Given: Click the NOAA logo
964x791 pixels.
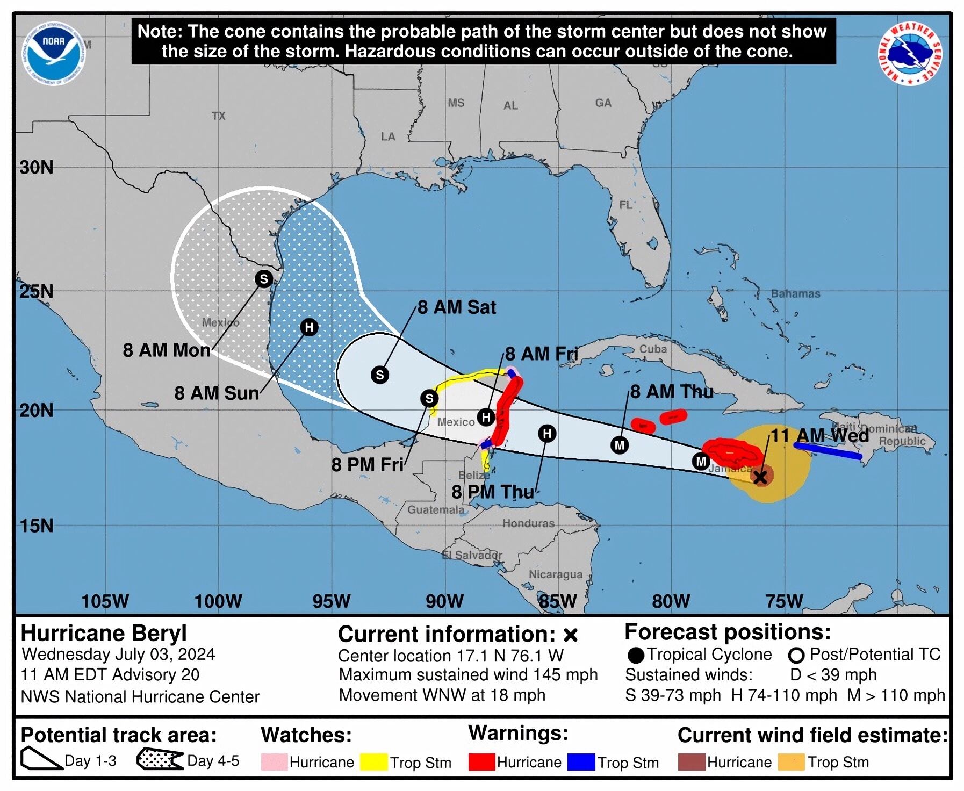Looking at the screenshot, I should click(54, 52).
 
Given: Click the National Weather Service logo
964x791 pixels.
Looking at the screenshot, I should click(910, 53).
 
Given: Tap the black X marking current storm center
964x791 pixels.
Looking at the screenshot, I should click(760, 477).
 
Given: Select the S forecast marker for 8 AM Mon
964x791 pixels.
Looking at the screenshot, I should click(263, 279).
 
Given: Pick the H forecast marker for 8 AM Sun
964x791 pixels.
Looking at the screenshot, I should click(309, 327).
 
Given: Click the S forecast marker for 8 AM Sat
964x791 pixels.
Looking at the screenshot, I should click(380, 375).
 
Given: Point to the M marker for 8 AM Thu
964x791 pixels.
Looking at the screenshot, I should click(620, 445).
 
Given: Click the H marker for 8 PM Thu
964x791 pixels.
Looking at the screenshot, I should click(547, 434).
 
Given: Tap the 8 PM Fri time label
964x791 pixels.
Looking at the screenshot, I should click(367, 464).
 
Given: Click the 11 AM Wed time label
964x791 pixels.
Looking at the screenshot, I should click(819, 435).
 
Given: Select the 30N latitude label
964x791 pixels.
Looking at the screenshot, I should click(37, 167).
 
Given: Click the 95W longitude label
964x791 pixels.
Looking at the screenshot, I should click(331, 601).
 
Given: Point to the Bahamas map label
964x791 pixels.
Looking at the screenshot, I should click(795, 293).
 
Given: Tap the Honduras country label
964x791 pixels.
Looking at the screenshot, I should click(528, 523).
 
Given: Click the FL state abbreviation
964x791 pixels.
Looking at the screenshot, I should click(625, 205).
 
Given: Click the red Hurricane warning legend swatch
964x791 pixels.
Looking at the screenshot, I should click(481, 762).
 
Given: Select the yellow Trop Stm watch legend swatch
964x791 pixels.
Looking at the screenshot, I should click(373, 762).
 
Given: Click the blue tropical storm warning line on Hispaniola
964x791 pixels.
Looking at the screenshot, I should click(828, 451).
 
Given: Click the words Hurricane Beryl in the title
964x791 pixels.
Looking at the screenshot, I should click(104, 633).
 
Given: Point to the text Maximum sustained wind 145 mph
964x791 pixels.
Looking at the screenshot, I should click(468, 674).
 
